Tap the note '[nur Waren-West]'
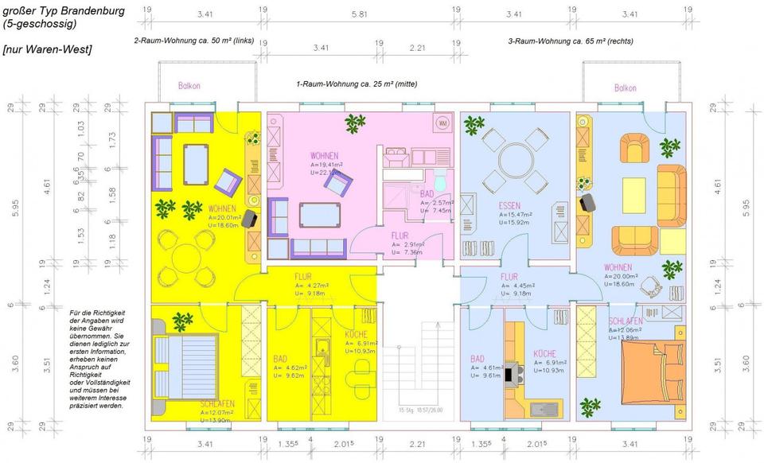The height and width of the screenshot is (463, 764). [x=47, y=49]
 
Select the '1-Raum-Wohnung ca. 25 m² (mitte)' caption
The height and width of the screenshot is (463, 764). [x=357, y=84]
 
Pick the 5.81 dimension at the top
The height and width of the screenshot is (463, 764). [x=360, y=14]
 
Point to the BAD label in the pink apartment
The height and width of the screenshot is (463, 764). [x=427, y=193]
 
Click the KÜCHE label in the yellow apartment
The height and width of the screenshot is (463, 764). [x=356, y=334]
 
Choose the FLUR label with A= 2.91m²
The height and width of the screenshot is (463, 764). [x=400, y=235]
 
